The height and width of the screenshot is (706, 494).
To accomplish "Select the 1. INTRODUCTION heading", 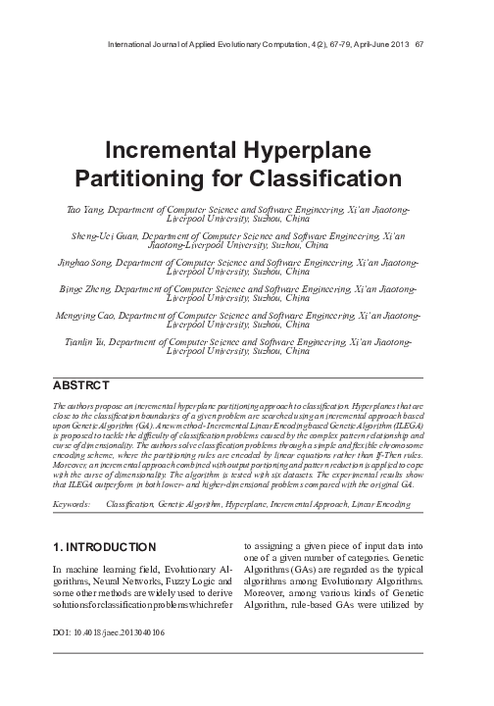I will [102, 545].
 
